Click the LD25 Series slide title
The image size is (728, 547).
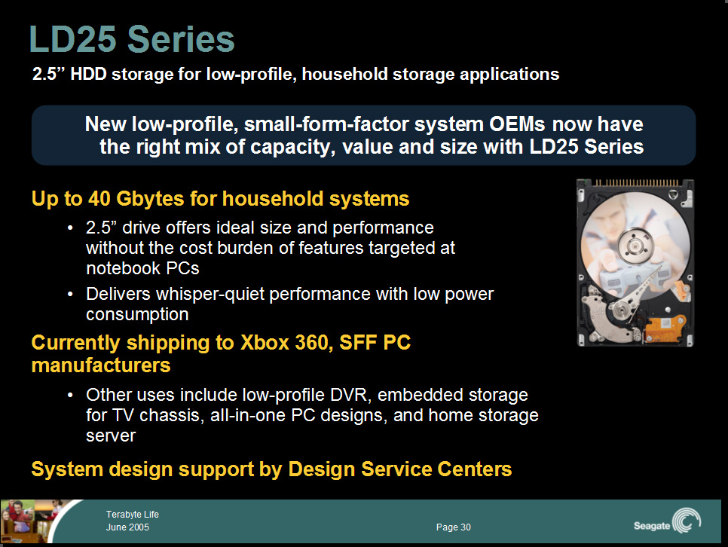click(x=132, y=39)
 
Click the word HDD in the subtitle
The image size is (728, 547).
click(x=88, y=74)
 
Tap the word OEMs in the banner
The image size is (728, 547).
click(x=517, y=124)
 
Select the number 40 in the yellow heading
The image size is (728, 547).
click(x=99, y=199)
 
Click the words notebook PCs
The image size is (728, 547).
click(x=142, y=268)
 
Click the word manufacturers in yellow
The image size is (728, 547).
click(x=101, y=365)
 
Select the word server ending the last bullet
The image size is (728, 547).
click(x=111, y=436)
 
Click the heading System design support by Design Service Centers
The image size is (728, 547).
click(x=271, y=469)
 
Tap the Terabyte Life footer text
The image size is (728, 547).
click(x=133, y=515)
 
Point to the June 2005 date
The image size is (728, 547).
click(x=127, y=527)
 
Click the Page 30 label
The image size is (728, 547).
click(x=453, y=527)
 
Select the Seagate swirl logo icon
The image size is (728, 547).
click(x=687, y=520)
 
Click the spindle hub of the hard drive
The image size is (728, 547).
click(x=635, y=244)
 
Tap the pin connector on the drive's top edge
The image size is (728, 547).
click(x=637, y=182)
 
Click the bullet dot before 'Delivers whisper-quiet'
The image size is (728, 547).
click(x=70, y=295)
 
